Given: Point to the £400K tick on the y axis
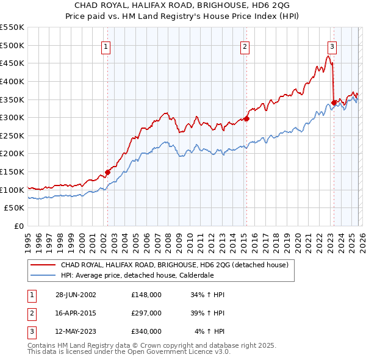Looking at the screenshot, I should coord(12,81).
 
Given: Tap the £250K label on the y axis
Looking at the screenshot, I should coord(12,135).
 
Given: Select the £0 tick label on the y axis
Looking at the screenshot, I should coord(18,226).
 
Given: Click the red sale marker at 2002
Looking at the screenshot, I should coord(108,172).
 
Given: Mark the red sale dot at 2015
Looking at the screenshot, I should coord(246,118).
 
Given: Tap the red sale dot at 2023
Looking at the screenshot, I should coord(334,103).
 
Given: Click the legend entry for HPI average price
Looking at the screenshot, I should coord(137,275).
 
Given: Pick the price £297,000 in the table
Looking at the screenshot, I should coord(146,313).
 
